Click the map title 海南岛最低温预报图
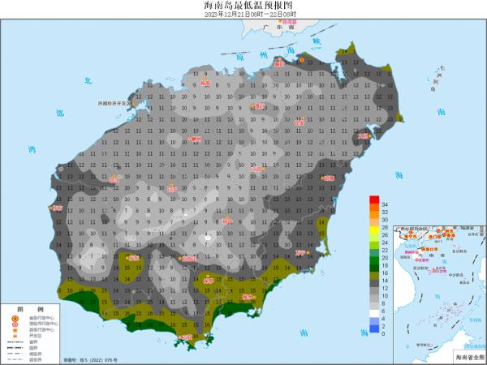[x=243, y=6]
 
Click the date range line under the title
[x=243, y=15]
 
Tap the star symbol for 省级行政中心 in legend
[x=15, y=319]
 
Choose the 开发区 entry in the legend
[x=29, y=336]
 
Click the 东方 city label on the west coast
[x=56, y=208]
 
